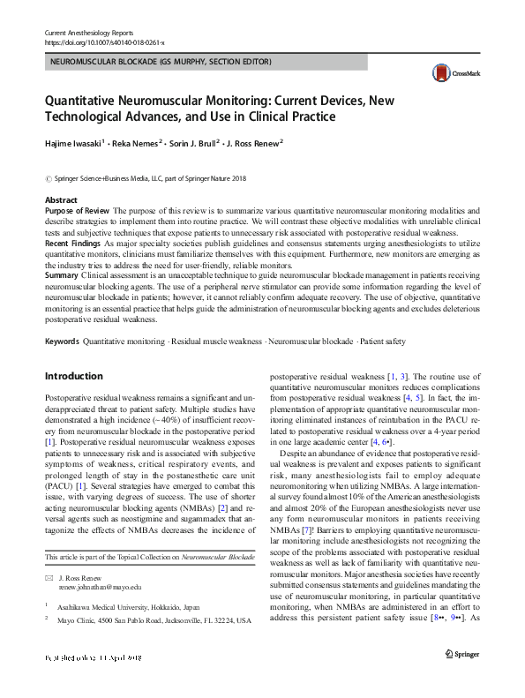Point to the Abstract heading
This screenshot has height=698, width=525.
pyautogui.click(x=61, y=201)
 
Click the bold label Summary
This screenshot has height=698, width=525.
pyautogui.click(x=61, y=274)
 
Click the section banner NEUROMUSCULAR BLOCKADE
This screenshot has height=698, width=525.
pyautogui.click(x=161, y=62)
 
